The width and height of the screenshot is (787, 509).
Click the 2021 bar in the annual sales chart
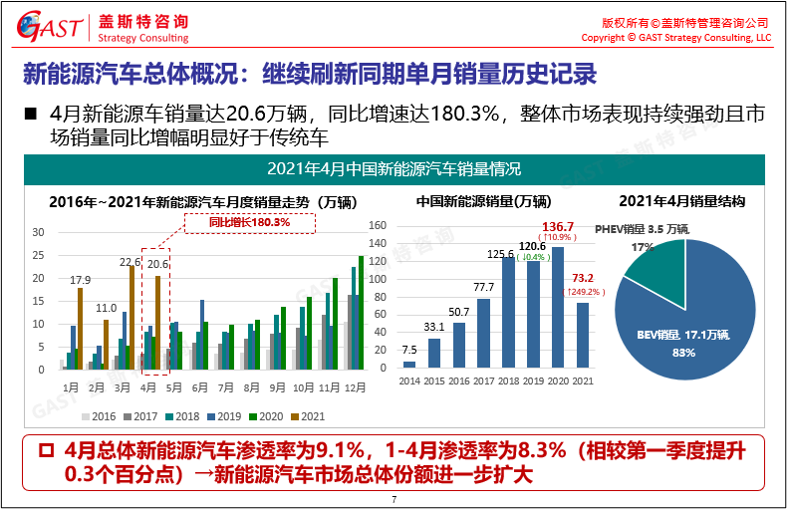582,337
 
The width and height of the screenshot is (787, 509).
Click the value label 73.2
583,278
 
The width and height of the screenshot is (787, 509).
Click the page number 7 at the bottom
393,499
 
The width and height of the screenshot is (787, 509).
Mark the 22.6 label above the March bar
131,263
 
